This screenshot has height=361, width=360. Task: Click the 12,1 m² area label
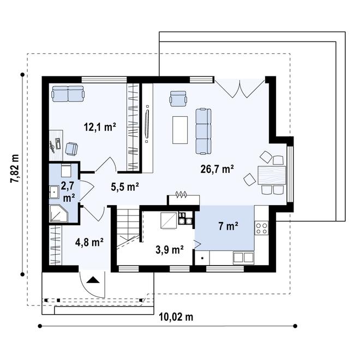(x=100, y=128)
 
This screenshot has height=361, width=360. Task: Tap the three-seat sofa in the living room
(x=203, y=130)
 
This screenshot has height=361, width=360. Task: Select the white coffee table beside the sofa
(x=179, y=129)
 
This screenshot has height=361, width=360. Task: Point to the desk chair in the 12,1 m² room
(x=71, y=148)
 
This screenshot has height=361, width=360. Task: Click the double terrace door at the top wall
(x=241, y=86)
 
